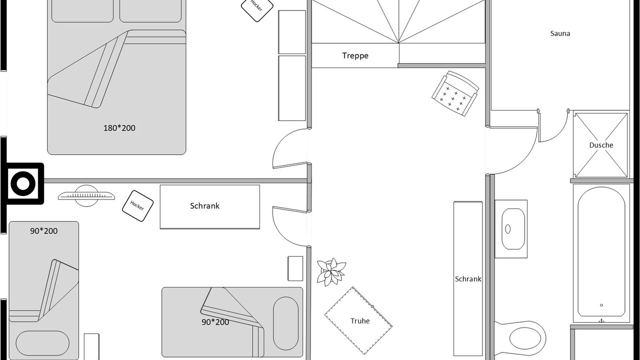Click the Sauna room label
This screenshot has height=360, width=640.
(x=560, y=33)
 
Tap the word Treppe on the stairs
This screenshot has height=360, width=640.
(x=355, y=55)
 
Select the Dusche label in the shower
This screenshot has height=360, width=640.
(x=601, y=145)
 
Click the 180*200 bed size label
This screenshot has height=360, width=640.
(x=119, y=127)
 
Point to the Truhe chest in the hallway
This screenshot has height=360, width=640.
(x=358, y=320)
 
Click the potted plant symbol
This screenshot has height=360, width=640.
(x=331, y=271)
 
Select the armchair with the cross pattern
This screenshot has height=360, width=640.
(x=455, y=93)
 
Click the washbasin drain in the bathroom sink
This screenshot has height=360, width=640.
(x=507, y=229)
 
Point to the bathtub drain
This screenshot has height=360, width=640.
(x=601, y=305)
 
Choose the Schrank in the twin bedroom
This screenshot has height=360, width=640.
(x=209, y=207)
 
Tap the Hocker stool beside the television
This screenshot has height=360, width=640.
(x=137, y=206)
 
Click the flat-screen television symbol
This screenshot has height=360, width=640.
(x=86, y=196)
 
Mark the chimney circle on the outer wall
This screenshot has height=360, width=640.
(x=23, y=183)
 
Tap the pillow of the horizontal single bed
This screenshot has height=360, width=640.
(x=285, y=323)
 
